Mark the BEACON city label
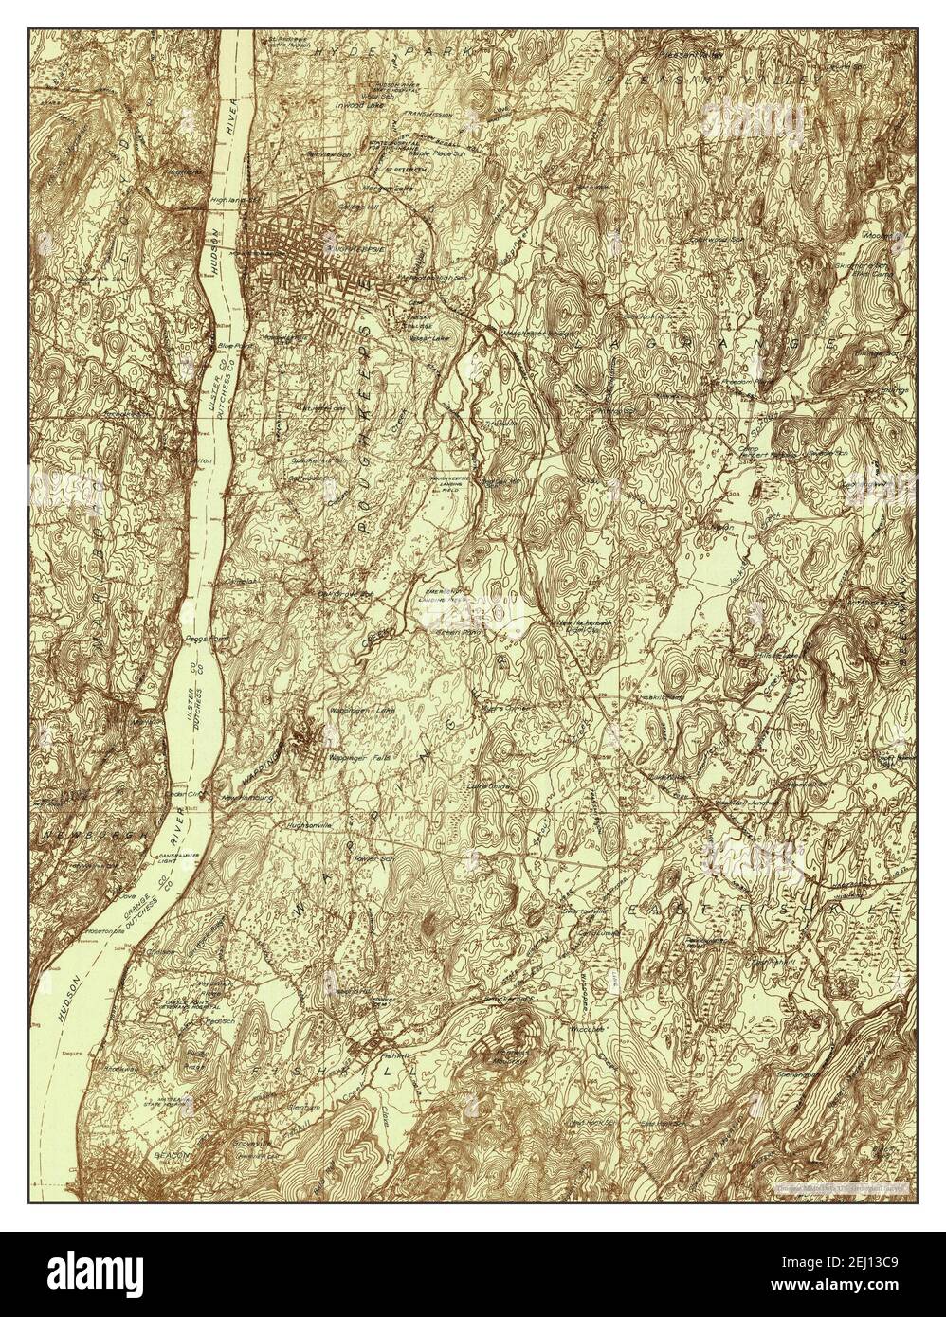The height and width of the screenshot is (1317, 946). pyautogui.click(x=173, y=1157)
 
